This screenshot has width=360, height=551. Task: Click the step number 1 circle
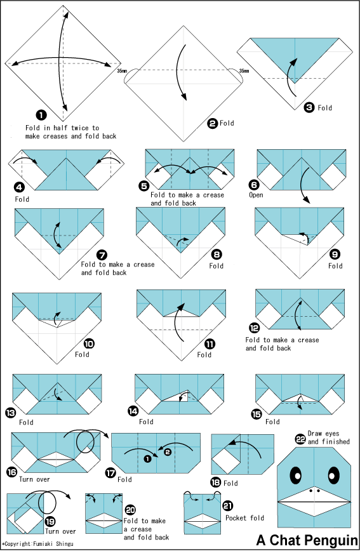point(41,115)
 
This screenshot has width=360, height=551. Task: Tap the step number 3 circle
point(309,108)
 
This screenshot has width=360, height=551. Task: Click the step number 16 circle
point(11,472)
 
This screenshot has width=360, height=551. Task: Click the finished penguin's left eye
point(297,475)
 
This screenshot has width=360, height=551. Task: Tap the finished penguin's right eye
point(331,475)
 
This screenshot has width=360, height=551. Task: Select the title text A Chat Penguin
point(307,540)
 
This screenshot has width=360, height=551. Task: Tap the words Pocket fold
point(244,518)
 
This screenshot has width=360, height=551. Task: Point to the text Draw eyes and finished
point(329,437)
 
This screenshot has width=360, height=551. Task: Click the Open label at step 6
point(256,195)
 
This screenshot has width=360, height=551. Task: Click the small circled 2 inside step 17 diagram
point(168,452)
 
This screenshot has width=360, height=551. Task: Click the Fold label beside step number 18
point(230,483)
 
